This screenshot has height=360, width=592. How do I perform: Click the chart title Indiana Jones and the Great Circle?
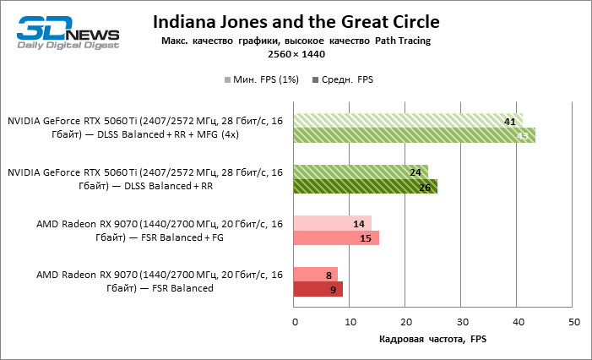coord(296,20)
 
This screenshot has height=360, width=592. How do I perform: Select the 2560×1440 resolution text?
coord(296,54)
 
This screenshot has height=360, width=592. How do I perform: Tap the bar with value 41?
coord(408,121)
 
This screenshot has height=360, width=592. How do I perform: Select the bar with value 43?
coord(414,135)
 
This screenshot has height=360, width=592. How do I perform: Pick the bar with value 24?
coord(361,172)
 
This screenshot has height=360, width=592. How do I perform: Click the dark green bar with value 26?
coord(365,186)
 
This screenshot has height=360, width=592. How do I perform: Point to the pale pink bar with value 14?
coord(332,223)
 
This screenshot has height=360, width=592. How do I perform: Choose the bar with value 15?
coord(335,237)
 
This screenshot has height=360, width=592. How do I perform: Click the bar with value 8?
coord(315,275)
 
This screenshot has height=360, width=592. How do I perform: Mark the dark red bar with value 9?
coord(318,289)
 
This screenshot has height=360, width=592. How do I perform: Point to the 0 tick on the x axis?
coord(294,322)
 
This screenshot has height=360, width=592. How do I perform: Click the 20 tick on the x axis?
coord(406,322)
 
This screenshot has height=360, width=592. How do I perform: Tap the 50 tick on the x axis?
coord(574,322)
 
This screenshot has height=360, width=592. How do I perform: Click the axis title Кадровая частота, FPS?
coord(434,340)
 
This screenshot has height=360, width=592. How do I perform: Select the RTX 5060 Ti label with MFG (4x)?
coord(145,128)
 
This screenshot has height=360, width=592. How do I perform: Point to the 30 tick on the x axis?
coord(462,322)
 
